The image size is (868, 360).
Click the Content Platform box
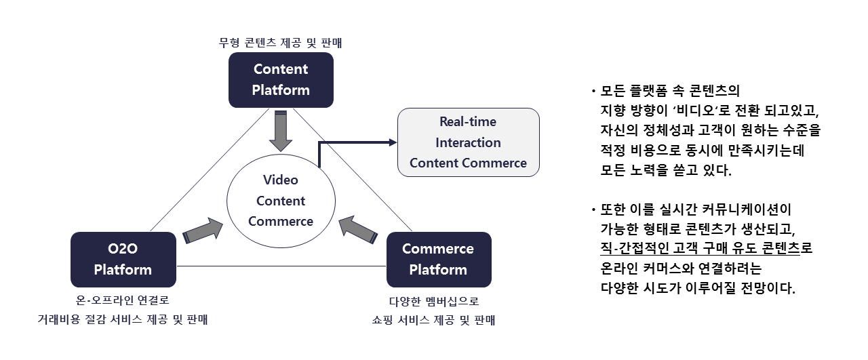click(x=281, y=80)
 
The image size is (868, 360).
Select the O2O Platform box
click(x=123, y=259)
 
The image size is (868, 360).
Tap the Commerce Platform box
click(x=438, y=259)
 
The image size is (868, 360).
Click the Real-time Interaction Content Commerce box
click(x=468, y=142)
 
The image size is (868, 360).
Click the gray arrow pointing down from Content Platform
click(x=280, y=130)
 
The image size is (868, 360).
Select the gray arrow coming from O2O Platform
click(x=203, y=231)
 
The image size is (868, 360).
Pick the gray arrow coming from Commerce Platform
click(x=358, y=231)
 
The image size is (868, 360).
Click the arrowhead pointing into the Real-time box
click(x=392, y=142)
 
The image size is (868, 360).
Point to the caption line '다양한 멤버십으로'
click(x=438, y=302)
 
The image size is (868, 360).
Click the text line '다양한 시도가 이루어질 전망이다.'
click(x=698, y=287)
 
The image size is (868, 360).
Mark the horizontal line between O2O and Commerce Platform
click(x=281, y=266)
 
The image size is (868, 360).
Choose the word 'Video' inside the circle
click(x=281, y=180)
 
